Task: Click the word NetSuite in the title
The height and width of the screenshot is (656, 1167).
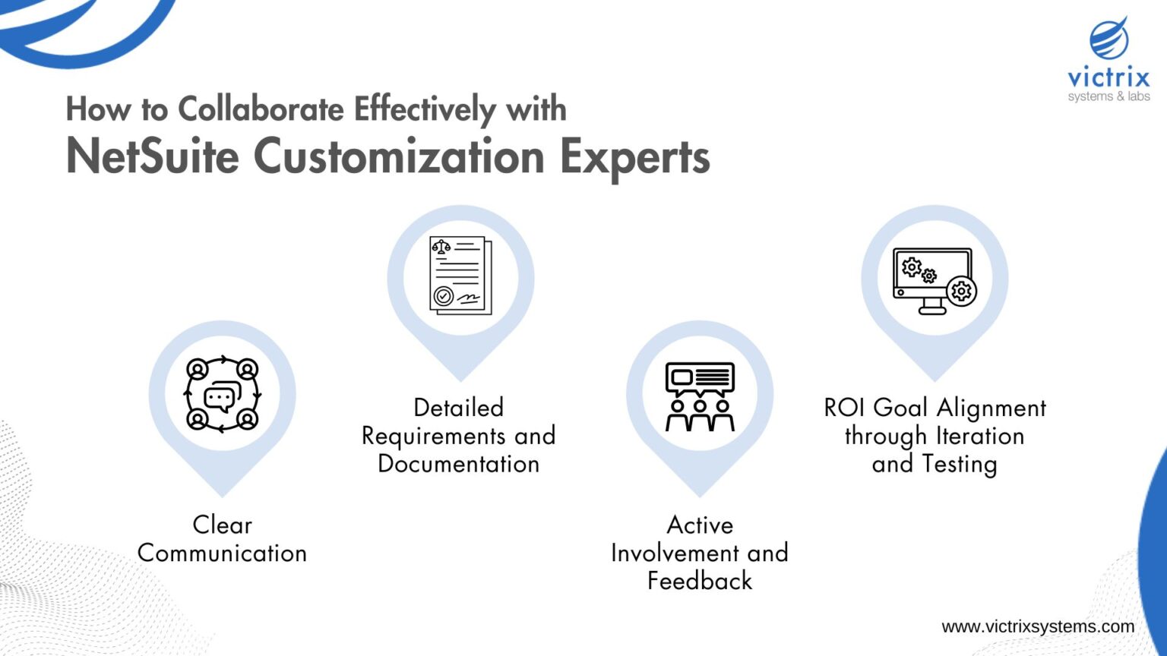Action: coord(152,157)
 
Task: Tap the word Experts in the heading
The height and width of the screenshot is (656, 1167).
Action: coord(634,157)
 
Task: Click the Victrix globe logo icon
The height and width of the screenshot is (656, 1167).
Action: coord(1109,39)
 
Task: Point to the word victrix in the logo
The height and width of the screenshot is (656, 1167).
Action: coord(1108,77)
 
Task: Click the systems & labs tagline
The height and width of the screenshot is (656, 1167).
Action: coord(1108,96)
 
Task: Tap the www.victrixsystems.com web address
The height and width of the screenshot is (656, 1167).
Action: coord(1037,627)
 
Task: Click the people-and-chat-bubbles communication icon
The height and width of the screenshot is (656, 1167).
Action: coord(222,394)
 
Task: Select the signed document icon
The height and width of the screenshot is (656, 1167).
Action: coord(460,276)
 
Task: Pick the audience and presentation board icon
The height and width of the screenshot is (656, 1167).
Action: coord(700,396)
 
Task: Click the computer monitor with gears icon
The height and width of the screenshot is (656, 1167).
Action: coord(935,280)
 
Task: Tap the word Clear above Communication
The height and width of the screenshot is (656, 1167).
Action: coord(222,525)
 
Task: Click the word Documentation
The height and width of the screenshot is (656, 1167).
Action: coord(459,464)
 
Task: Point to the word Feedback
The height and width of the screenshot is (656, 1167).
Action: coord(700,581)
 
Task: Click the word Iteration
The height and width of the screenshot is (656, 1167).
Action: coord(980,436)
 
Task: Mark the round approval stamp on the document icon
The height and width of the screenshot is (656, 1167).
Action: coord(443,296)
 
